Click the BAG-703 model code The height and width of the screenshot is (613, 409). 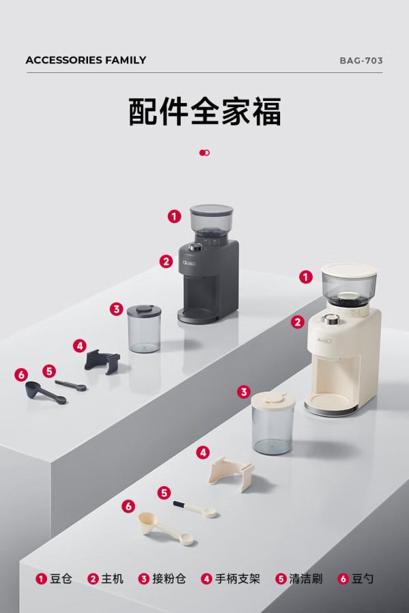361,61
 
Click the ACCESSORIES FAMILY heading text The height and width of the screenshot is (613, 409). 86,60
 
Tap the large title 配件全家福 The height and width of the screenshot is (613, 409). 204,111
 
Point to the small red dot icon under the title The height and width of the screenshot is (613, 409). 204,153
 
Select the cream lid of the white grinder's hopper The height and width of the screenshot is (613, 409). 349,269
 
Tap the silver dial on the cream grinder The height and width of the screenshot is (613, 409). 331,319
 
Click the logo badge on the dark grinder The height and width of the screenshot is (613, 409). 190,263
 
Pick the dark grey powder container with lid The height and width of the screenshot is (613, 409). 144,329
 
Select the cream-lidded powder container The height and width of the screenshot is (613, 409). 273,423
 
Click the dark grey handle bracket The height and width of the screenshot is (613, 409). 102,361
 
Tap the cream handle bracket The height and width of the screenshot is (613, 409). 232,473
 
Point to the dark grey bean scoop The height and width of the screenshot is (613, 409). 44,393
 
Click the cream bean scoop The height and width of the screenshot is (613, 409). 166,528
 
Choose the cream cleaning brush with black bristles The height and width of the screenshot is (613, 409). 195,509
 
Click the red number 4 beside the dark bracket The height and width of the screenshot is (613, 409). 80,346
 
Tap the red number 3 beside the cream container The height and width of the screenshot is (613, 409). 243,391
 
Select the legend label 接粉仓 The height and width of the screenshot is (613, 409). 169,579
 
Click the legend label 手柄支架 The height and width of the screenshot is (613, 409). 237,579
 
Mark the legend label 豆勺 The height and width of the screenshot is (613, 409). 363,579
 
